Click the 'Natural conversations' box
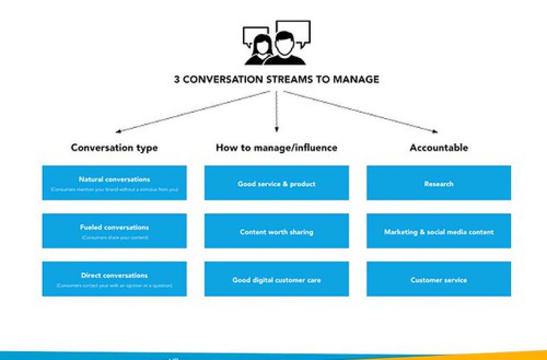(x=114, y=183)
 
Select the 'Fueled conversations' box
(x=114, y=231)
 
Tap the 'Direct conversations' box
(x=114, y=279)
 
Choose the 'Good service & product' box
(x=276, y=183)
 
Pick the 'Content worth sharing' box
(x=276, y=231)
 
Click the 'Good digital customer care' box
(x=276, y=279)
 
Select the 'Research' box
(x=438, y=183)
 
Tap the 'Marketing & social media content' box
(x=438, y=231)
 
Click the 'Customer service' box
(x=438, y=279)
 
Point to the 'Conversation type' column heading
(x=114, y=147)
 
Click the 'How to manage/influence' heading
(x=276, y=147)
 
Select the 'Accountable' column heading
(x=438, y=147)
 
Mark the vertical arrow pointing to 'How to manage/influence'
(x=276, y=112)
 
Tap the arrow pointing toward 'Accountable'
(x=360, y=112)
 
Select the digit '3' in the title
(x=177, y=79)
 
